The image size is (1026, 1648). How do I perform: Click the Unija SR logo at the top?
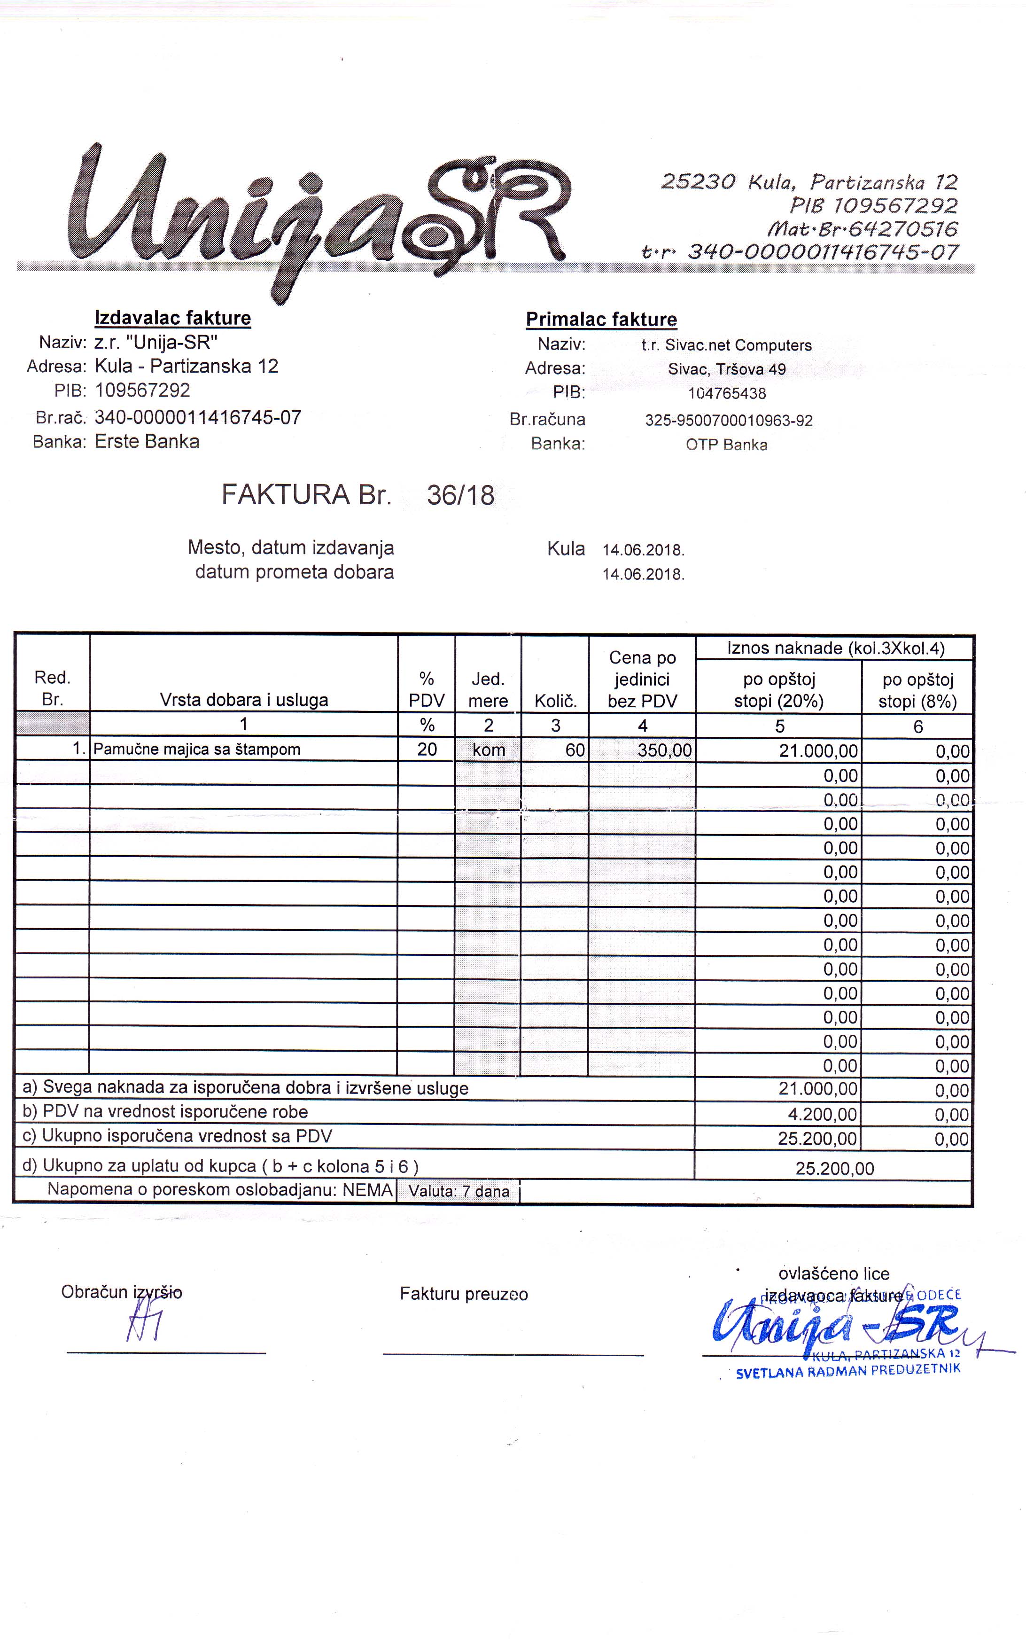(319, 217)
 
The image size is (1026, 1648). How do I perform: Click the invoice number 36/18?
(460, 495)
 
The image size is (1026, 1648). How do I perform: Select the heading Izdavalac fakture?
(172, 318)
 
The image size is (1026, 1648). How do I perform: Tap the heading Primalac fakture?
(601, 319)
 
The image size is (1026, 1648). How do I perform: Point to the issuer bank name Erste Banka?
(147, 442)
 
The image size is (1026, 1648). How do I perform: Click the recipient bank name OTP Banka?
(727, 445)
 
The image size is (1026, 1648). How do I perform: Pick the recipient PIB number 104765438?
(727, 394)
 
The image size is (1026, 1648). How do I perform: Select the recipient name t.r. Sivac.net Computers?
(727, 345)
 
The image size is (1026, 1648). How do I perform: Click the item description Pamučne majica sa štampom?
(197, 750)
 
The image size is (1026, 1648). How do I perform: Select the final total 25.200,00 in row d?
(835, 1169)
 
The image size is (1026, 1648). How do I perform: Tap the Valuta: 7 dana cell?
(459, 1191)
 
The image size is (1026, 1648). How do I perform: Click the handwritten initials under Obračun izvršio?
(144, 1324)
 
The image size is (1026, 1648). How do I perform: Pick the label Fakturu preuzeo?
(464, 1294)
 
